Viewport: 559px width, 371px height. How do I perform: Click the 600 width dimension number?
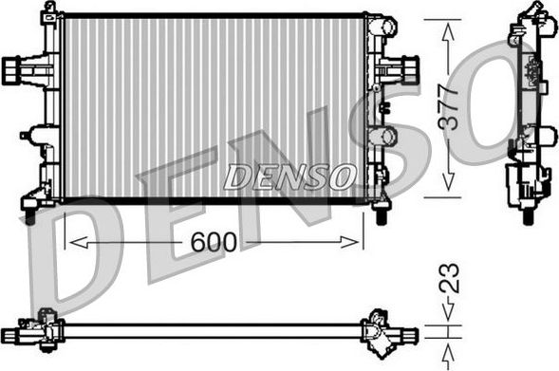(214, 242)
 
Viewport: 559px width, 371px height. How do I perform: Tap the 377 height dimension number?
(448, 107)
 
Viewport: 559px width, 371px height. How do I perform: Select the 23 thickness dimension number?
(450, 278)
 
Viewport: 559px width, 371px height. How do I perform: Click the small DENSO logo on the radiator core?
(289, 176)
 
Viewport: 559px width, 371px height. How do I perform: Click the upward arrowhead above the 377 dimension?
(448, 32)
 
